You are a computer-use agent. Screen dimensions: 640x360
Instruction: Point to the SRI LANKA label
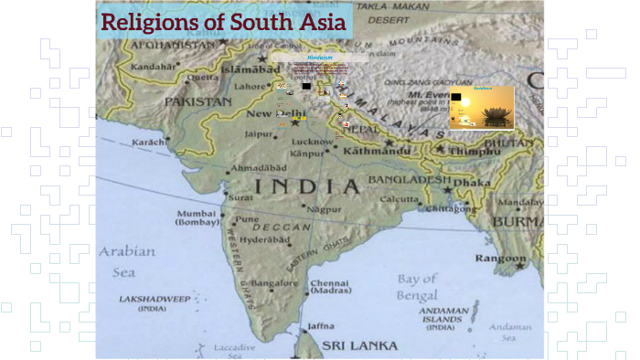point(359,345)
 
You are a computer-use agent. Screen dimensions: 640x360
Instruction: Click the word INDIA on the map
point(306,187)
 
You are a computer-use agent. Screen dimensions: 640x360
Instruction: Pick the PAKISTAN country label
point(198,102)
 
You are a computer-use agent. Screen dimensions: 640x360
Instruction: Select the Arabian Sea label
point(128,260)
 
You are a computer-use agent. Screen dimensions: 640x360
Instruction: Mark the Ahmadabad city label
point(263,169)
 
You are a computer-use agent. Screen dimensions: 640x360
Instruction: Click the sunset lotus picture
point(481,108)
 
